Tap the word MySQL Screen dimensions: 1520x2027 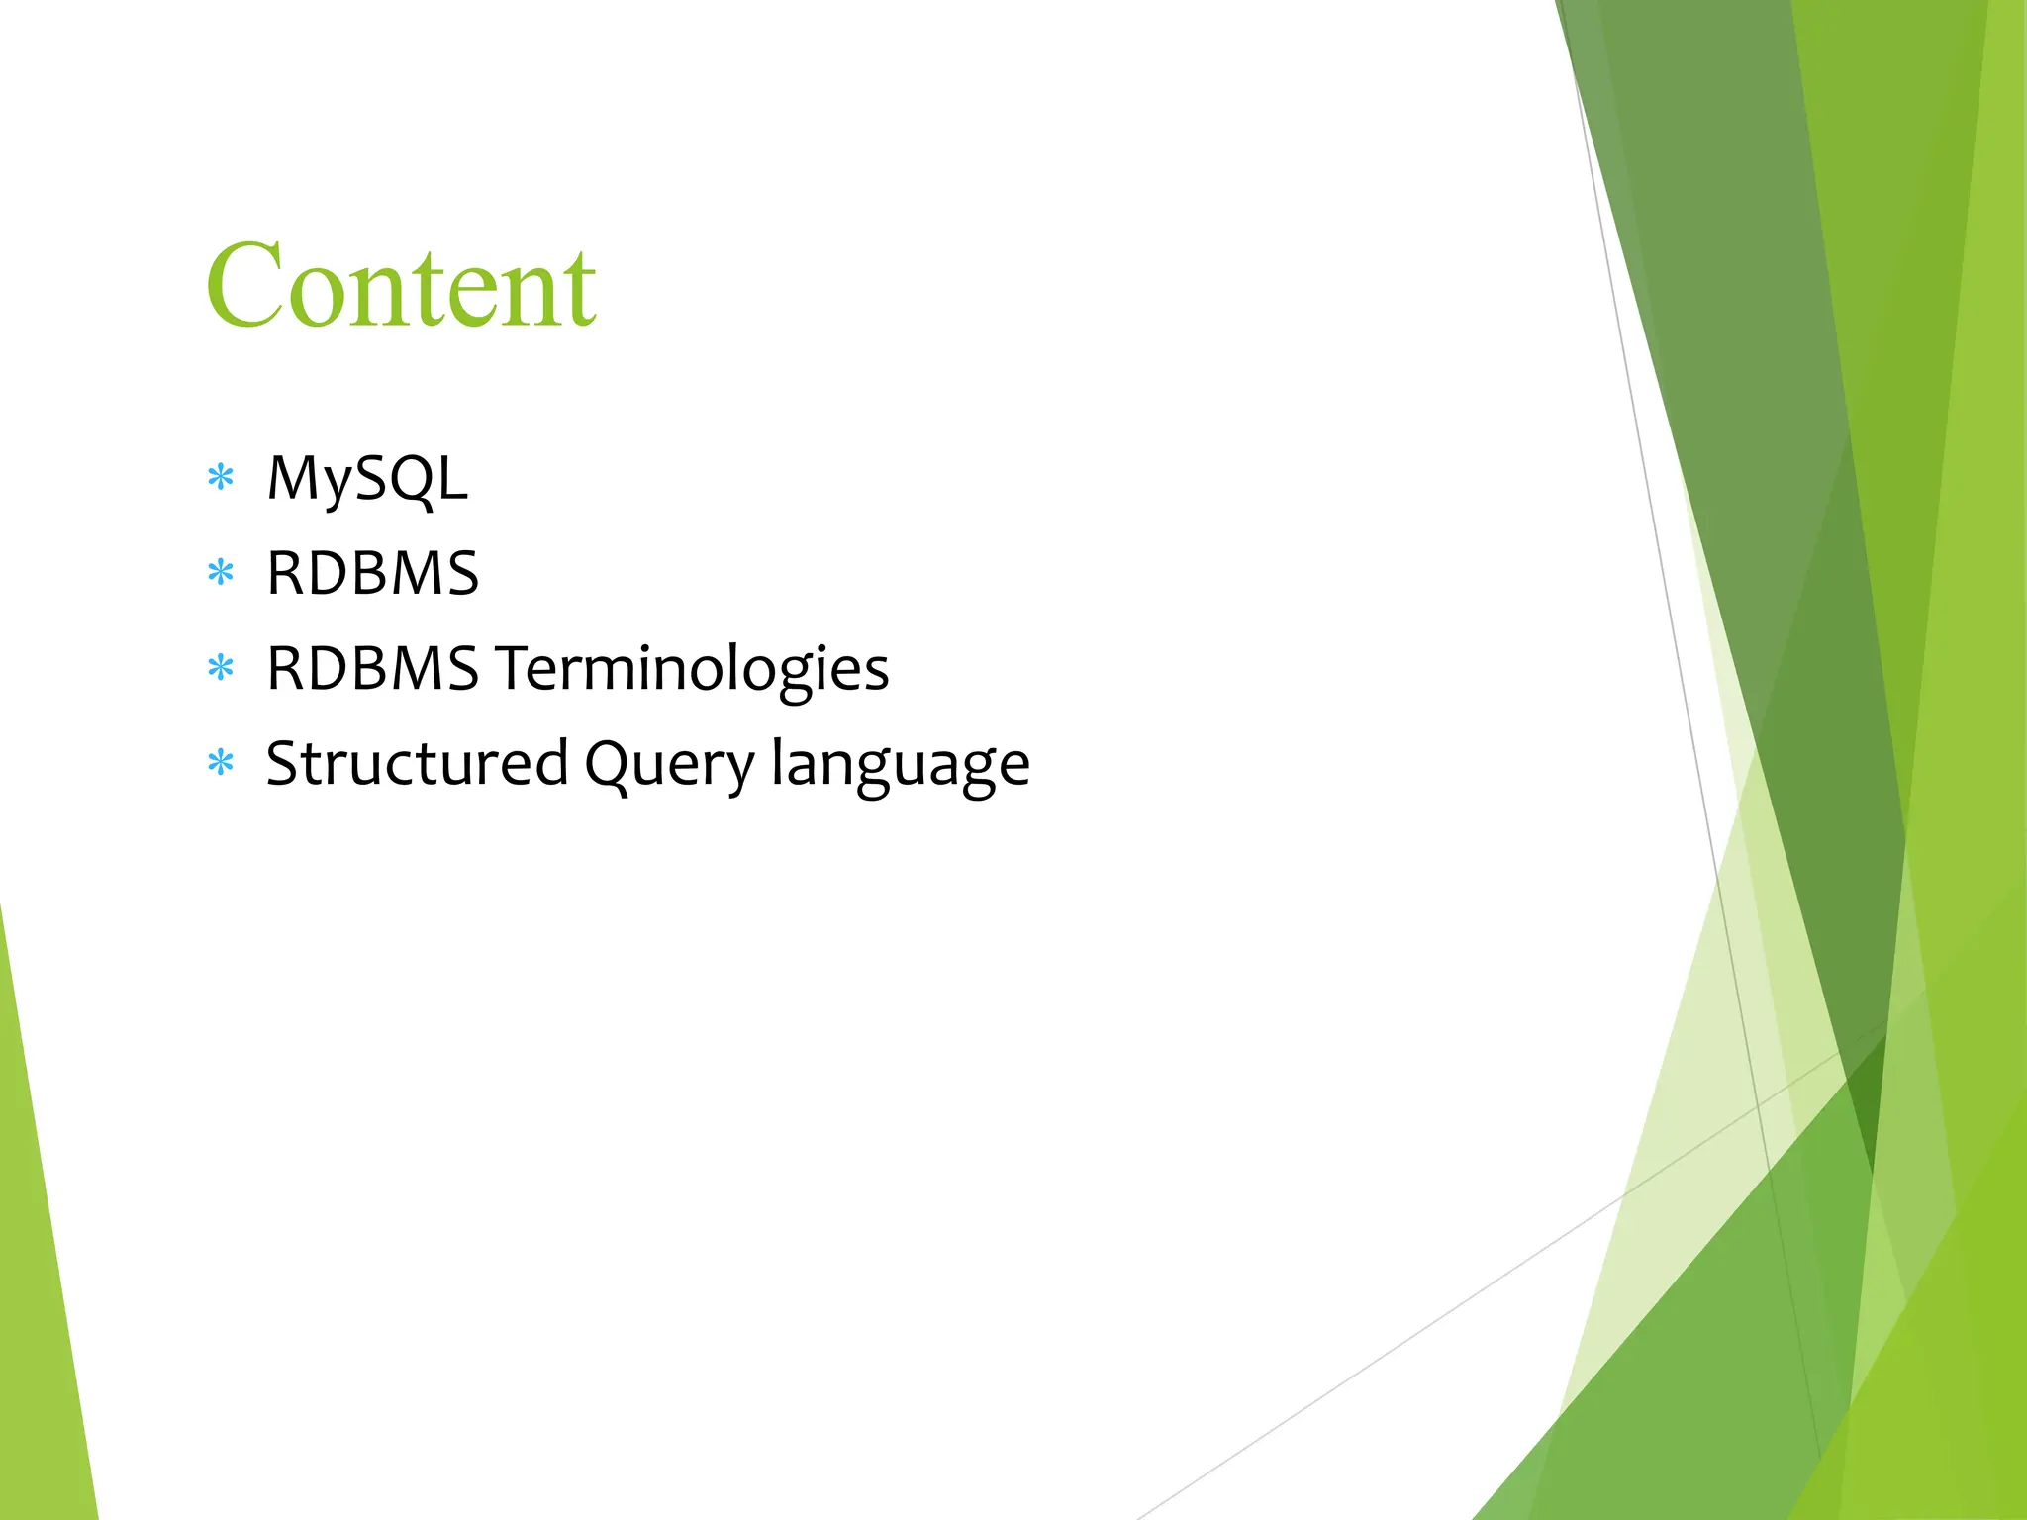(366, 479)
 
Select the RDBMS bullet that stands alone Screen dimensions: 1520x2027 (372, 574)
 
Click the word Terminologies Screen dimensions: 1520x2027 (692, 669)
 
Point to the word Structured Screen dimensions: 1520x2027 (417, 764)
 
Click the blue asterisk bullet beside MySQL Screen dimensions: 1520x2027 (221, 478)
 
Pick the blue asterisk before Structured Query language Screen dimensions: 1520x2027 (221, 763)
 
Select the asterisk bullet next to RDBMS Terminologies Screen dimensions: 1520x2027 (221, 668)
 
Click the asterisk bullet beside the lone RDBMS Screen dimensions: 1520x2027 (221, 573)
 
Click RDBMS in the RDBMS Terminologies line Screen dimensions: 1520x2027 (372, 669)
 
